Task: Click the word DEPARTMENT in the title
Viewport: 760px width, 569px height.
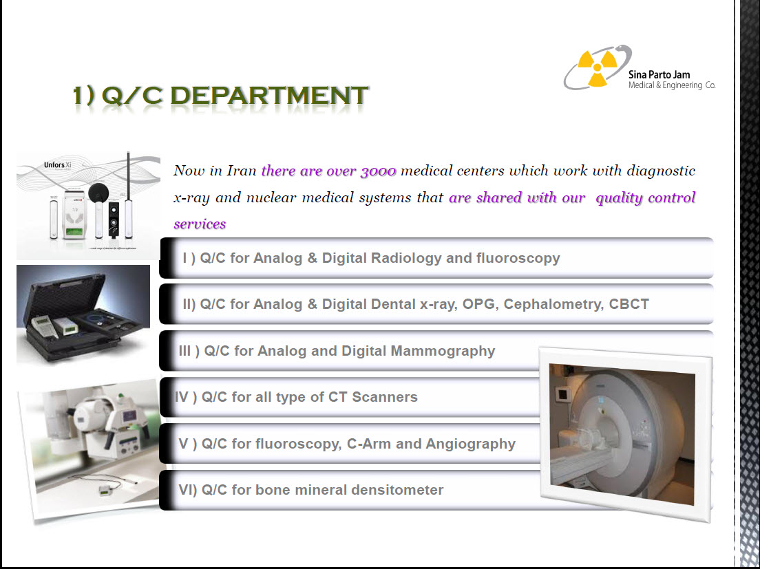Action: point(269,95)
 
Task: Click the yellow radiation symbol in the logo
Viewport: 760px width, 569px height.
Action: point(597,67)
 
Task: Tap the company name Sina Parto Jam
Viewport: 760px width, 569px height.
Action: point(659,74)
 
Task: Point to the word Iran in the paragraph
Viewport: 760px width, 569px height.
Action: point(242,171)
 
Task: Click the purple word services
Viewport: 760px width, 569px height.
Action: point(200,224)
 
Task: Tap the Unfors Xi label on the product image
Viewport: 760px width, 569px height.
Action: point(58,165)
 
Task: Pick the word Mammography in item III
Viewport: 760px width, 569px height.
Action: point(443,351)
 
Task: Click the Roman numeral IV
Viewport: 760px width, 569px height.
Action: point(182,397)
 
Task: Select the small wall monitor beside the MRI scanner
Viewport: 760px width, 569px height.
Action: point(562,395)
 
